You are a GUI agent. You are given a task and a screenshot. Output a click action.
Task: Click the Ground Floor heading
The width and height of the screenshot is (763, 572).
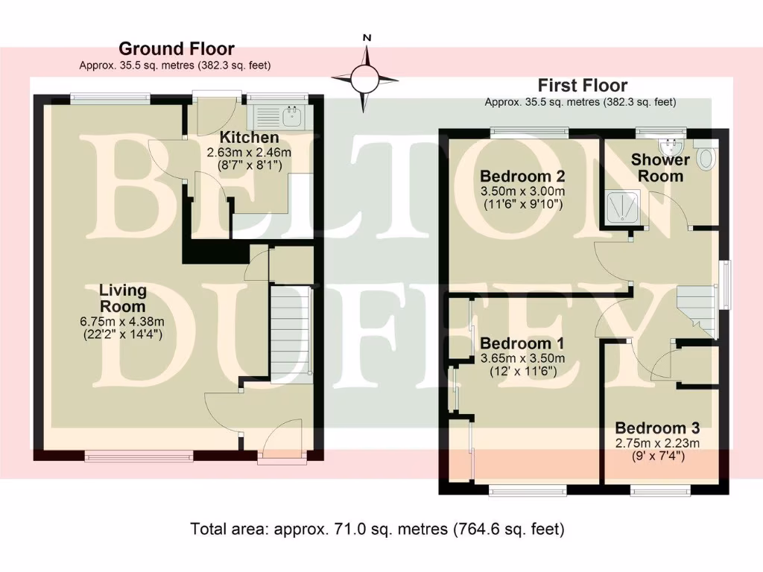pyautogui.click(x=176, y=49)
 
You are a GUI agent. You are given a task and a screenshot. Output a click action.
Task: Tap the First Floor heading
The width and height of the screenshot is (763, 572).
pyautogui.click(x=583, y=86)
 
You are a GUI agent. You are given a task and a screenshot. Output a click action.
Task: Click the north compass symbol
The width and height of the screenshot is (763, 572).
pyautogui.click(x=366, y=76)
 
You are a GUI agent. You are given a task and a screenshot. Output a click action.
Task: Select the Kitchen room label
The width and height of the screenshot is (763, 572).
pyautogui.click(x=249, y=138)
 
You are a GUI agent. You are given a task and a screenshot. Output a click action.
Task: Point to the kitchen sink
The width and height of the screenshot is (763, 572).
pyautogui.click(x=291, y=115)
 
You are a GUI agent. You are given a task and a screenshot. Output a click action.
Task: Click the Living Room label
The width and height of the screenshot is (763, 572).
pyautogui.click(x=123, y=298)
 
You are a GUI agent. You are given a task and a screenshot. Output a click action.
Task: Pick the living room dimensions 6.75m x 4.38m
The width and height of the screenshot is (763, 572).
pyautogui.click(x=123, y=321)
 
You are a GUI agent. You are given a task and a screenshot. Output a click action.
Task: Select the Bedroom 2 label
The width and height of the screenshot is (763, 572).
pyautogui.click(x=522, y=177)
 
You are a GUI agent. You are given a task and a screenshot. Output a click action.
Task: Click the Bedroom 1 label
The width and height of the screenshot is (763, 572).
pyautogui.click(x=522, y=344)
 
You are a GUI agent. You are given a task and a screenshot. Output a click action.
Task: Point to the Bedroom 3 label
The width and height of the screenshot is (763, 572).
pyautogui.click(x=656, y=428)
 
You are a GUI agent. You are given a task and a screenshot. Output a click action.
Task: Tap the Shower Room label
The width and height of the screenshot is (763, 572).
pyautogui.click(x=660, y=168)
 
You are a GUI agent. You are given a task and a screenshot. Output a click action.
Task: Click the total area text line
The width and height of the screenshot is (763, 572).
pyautogui.click(x=378, y=530)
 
